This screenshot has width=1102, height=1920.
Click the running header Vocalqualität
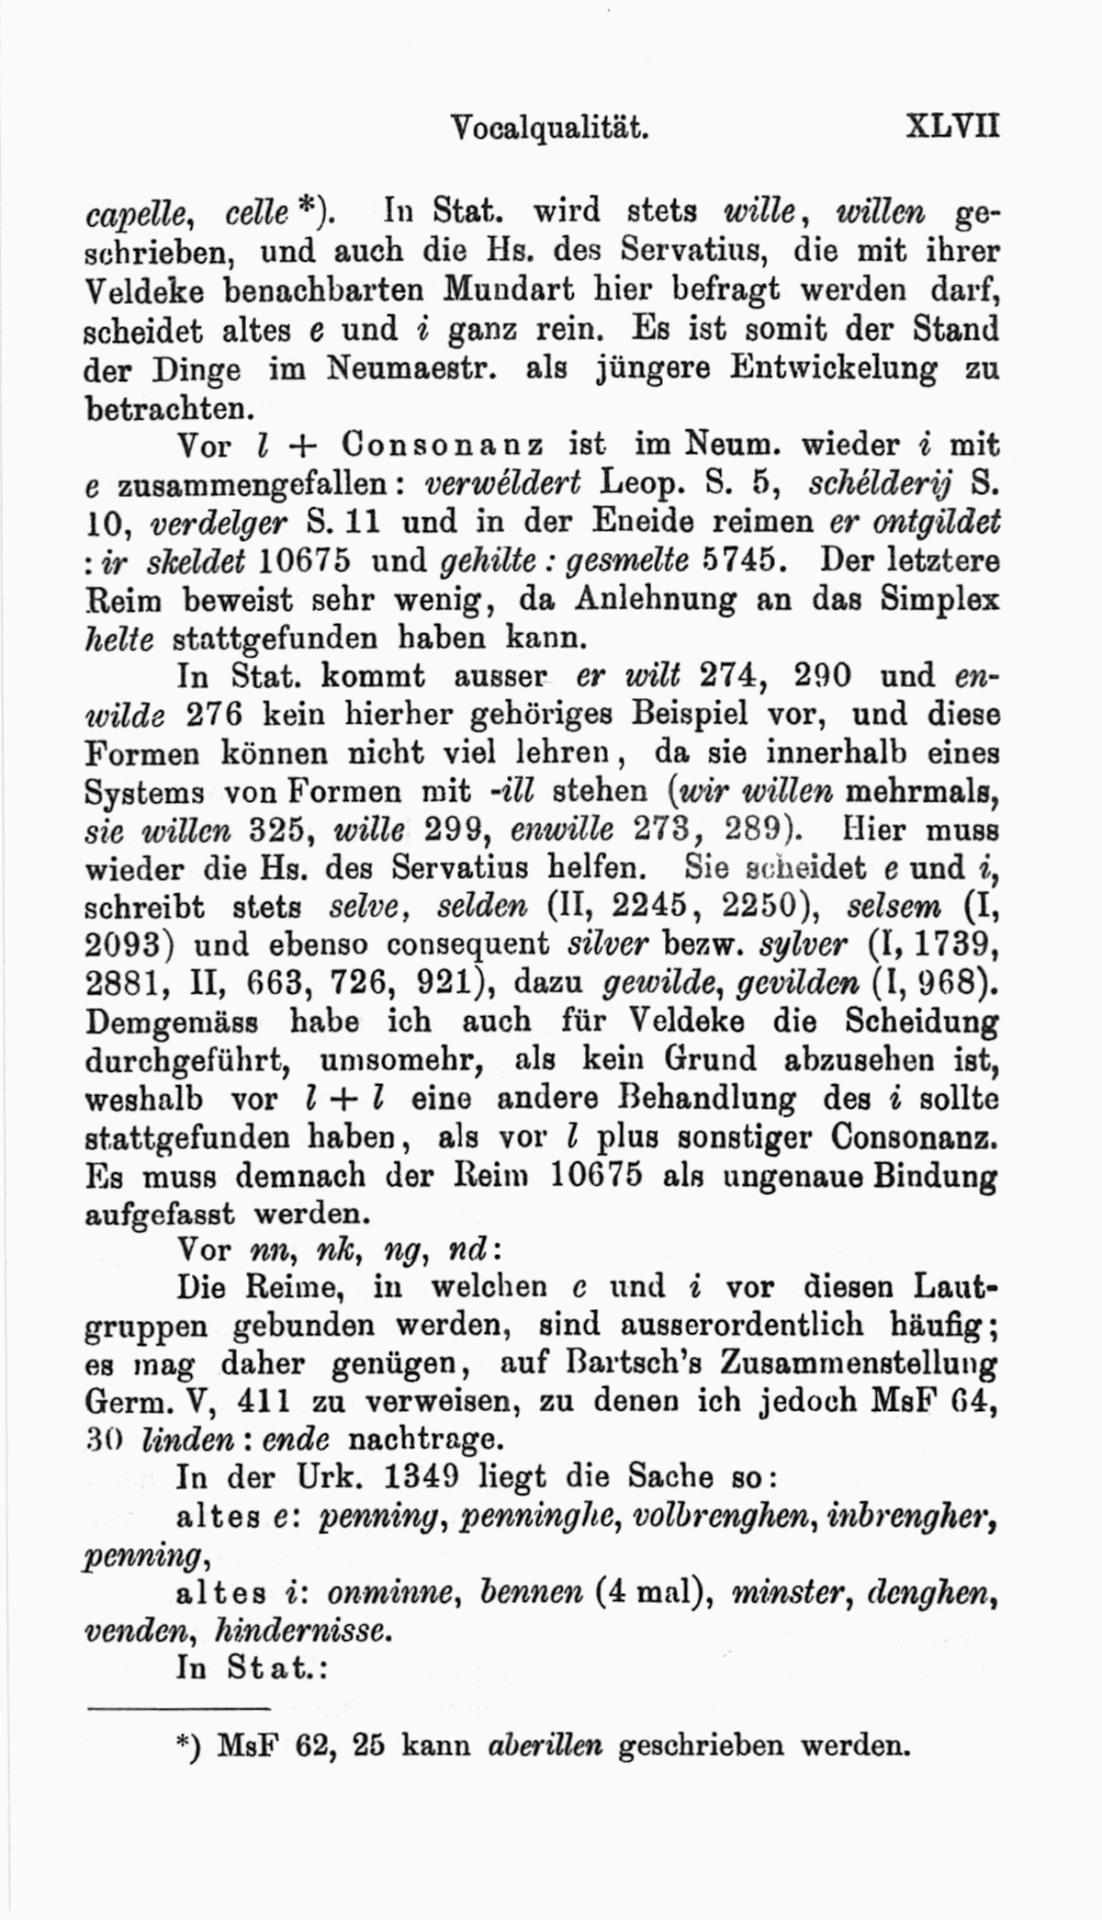tap(551, 126)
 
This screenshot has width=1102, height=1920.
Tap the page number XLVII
tap(951, 125)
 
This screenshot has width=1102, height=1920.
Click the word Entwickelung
tap(834, 368)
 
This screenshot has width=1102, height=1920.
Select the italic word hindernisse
tap(302, 1632)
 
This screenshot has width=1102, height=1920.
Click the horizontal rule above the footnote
tap(176, 1710)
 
